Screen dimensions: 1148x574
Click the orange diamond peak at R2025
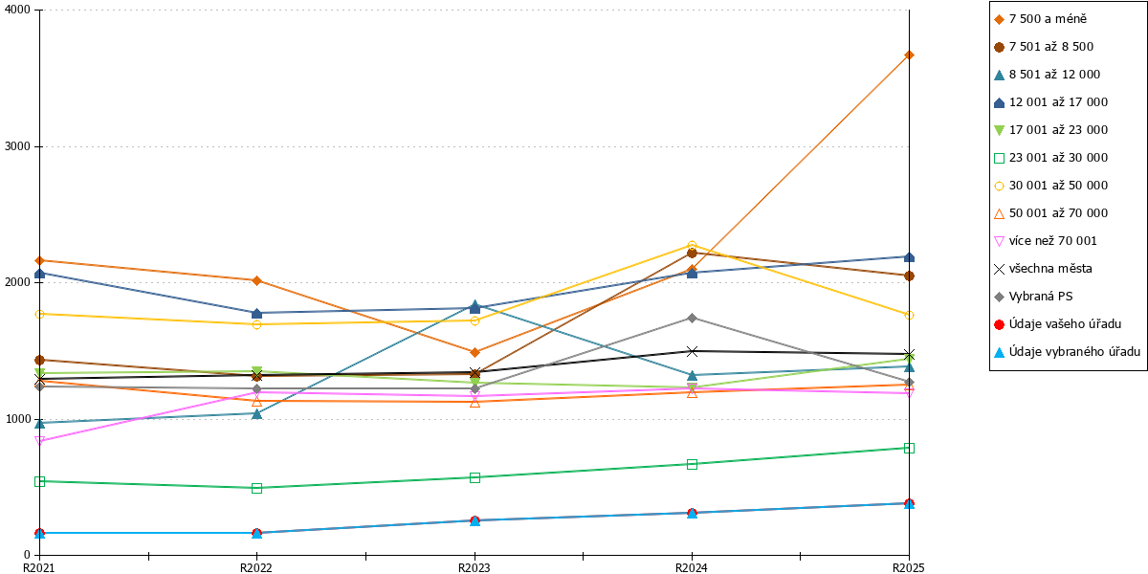909,55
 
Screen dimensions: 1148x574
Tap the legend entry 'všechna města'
1043,269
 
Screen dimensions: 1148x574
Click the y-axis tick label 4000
17,10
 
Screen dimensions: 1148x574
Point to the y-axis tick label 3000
17,146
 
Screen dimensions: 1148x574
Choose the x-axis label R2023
475,567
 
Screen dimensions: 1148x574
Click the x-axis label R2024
692,567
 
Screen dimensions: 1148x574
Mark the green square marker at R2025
909,448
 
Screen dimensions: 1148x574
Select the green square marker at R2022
256,488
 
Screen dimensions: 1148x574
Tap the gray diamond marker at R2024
692,319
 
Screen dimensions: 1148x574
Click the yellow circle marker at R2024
692,246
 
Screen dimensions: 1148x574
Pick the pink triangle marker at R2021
39,440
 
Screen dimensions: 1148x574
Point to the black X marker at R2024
692,352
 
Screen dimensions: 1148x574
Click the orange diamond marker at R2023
475,353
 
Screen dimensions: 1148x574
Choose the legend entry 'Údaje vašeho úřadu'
1057,324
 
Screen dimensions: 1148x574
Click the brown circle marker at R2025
909,276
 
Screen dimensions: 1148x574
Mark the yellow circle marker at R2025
909,315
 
